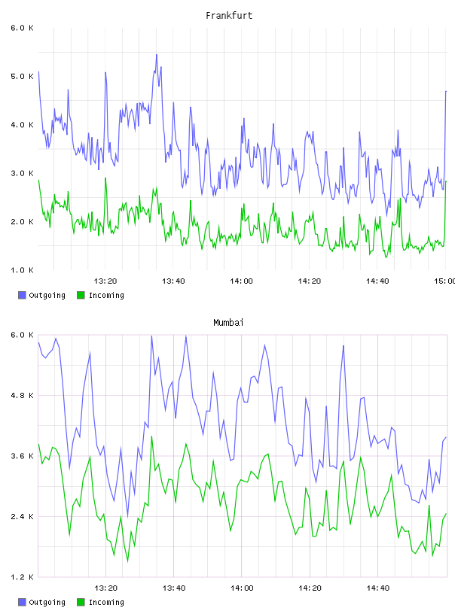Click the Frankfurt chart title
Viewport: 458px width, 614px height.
[229, 16]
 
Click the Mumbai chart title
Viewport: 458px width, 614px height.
[228, 323]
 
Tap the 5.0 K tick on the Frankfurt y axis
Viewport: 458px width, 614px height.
[22, 76]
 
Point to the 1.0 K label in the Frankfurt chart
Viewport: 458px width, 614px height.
[22, 270]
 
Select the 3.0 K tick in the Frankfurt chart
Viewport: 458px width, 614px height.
[22, 174]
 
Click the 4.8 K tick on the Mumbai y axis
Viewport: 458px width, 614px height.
[22, 396]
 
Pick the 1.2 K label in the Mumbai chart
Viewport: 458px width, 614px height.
[22, 577]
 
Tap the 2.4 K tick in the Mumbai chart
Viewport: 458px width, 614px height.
[22, 517]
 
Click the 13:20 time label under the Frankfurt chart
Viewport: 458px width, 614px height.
[105, 281]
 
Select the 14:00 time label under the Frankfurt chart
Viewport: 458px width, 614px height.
[242, 281]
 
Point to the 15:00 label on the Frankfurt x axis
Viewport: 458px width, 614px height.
[445, 281]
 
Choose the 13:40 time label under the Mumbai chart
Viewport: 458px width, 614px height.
[174, 588]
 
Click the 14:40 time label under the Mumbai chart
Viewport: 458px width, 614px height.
[377, 588]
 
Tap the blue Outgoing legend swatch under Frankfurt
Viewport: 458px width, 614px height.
[22, 295]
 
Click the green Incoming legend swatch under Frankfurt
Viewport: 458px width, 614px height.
[81, 295]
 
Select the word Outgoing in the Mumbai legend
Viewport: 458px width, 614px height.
[47, 602]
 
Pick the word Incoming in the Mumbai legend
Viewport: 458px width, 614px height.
[106, 602]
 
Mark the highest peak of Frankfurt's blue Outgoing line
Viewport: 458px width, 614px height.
[157, 55]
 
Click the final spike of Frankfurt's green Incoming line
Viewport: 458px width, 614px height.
[446, 181]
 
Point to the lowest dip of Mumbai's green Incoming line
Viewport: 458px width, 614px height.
[127, 561]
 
